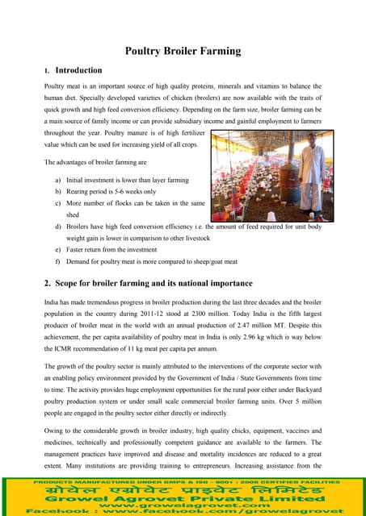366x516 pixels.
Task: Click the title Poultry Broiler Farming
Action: tap(183, 52)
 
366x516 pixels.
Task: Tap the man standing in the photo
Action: tap(310, 171)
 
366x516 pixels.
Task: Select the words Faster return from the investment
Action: tap(115, 251)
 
